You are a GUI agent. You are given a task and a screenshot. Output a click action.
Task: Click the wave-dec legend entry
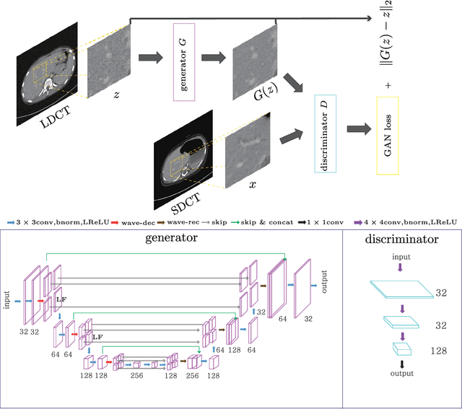click(x=135, y=223)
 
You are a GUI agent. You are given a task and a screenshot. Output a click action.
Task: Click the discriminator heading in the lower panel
click(x=401, y=239)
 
